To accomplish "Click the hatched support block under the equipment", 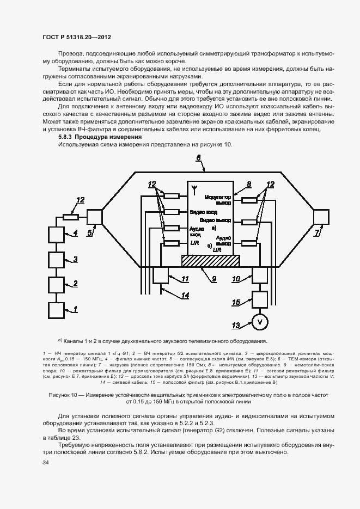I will tap(210, 261).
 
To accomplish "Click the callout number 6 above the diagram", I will tap(199, 158).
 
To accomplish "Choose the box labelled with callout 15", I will tap(260, 299).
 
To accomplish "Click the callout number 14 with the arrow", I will tap(185, 296).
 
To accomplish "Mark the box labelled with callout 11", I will tap(162, 275).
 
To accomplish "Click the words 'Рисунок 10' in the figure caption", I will tap(65, 394).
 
